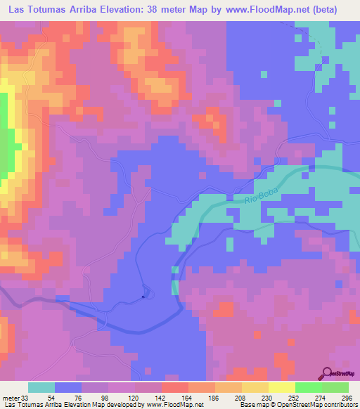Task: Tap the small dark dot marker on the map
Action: [x=143, y=296]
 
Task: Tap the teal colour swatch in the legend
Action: [x=41, y=387]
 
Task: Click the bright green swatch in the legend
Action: [x=309, y=387]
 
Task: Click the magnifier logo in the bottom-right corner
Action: [x=328, y=373]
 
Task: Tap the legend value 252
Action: [x=295, y=397]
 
